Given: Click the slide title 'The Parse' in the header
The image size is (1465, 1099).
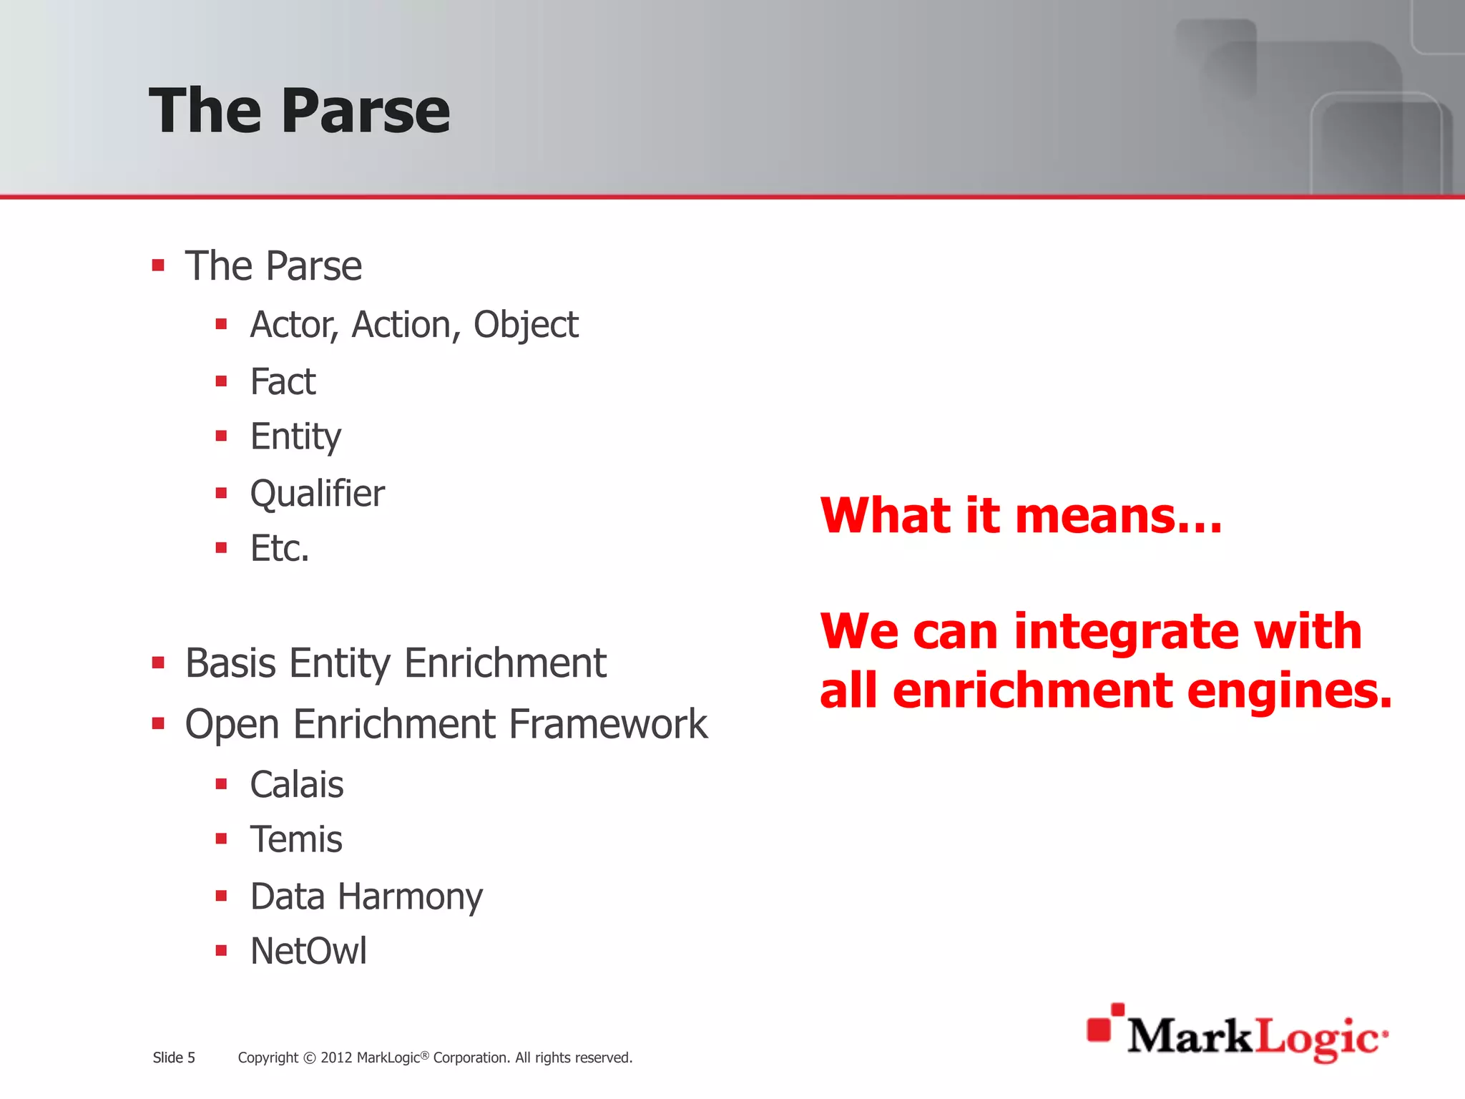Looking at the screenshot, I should [x=299, y=110].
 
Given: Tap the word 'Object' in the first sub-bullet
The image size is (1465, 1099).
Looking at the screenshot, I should [x=525, y=326].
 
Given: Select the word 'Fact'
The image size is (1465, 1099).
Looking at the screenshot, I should [x=283, y=381].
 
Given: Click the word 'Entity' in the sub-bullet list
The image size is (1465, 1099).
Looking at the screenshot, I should [x=295, y=437].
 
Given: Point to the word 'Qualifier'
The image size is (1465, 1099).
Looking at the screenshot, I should [x=317, y=494].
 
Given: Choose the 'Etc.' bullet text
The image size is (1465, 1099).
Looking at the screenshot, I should [x=280, y=549].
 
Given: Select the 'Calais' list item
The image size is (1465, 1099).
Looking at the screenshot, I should [x=296, y=785].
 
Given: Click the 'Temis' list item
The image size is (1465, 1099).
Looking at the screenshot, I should [x=295, y=840].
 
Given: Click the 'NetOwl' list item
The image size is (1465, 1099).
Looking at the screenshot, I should [x=308, y=952].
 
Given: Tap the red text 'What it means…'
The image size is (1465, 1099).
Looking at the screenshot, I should [x=1021, y=516].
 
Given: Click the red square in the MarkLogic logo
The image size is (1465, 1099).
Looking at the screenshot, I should [x=1099, y=1029].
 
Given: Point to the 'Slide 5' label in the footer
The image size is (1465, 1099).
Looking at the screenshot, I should [x=174, y=1058].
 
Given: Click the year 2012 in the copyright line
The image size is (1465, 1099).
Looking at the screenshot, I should [x=336, y=1058].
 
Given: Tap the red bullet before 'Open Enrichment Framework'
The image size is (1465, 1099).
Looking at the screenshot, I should [x=159, y=723].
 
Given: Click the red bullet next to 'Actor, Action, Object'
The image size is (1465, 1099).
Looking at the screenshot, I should [x=221, y=324].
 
